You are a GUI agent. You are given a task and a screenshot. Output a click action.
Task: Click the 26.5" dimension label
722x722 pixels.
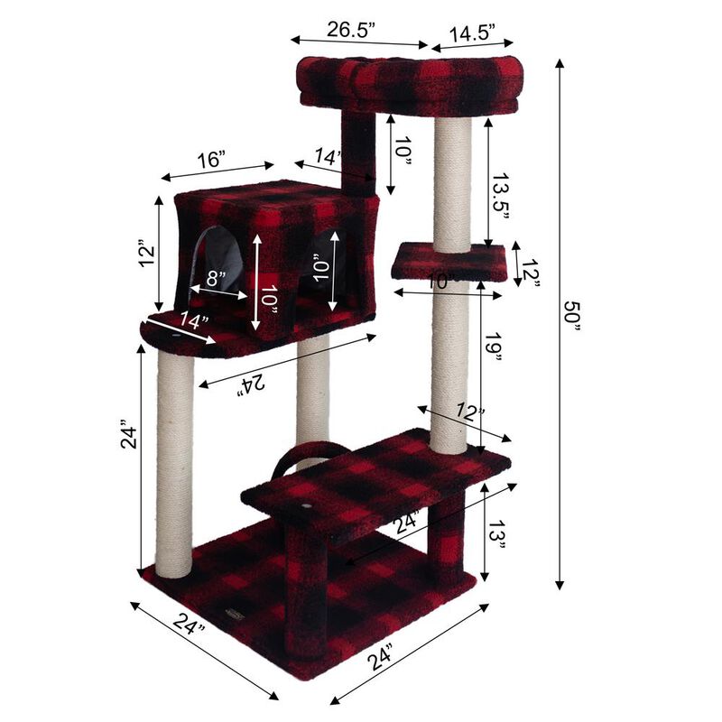tap(352, 28)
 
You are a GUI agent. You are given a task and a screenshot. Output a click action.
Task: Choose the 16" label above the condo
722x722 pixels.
tap(211, 160)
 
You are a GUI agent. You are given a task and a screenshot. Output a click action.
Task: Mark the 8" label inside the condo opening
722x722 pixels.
tap(215, 278)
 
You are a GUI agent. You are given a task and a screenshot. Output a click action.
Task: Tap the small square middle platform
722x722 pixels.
tap(449, 262)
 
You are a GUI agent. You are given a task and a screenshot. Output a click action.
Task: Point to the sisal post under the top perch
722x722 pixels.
tap(451, 180)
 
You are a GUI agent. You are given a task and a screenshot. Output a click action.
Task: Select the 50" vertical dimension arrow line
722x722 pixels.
tap(560, 325)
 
